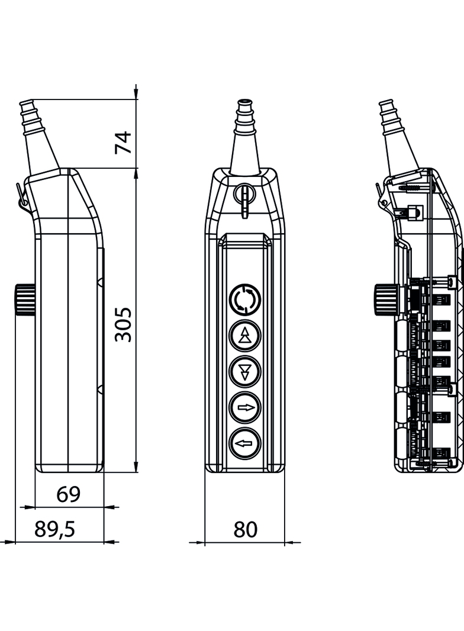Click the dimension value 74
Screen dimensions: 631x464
(123, 142)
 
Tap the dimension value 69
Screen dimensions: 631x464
(68, 494)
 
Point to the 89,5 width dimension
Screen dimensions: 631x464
(54, 529)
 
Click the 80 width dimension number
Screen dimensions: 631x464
(245, 529)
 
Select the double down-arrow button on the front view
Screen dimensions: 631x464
(244, 371)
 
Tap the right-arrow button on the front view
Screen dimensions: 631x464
(244, 407)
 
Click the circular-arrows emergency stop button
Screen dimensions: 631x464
(244, 300)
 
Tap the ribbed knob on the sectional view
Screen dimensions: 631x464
(384, 296)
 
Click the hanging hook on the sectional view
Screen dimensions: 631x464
(382, 198)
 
